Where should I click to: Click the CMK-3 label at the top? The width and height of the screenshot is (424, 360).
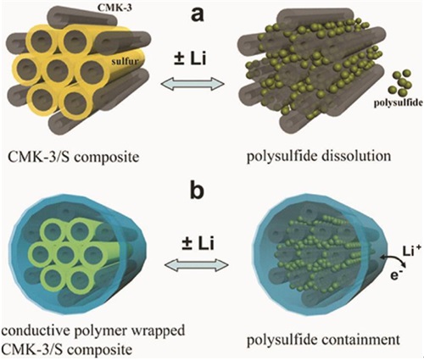[x=114, y=8]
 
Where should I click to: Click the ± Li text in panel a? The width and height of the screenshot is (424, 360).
[x=190, y=59]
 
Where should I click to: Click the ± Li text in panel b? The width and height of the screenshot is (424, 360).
[x=198, y=243]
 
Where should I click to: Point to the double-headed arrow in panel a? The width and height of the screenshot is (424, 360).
[x=192, y=84]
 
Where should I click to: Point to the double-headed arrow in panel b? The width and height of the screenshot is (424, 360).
[x=197, y=264]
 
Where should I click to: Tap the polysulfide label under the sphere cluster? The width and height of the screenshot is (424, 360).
[x=399, y=102]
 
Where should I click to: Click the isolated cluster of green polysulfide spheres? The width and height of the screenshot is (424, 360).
[x=400, y=82]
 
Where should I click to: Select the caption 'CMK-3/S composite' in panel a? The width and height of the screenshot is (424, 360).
[x=74, y=156]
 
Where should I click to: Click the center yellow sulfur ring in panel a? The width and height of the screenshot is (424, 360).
[x=58, y=69]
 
